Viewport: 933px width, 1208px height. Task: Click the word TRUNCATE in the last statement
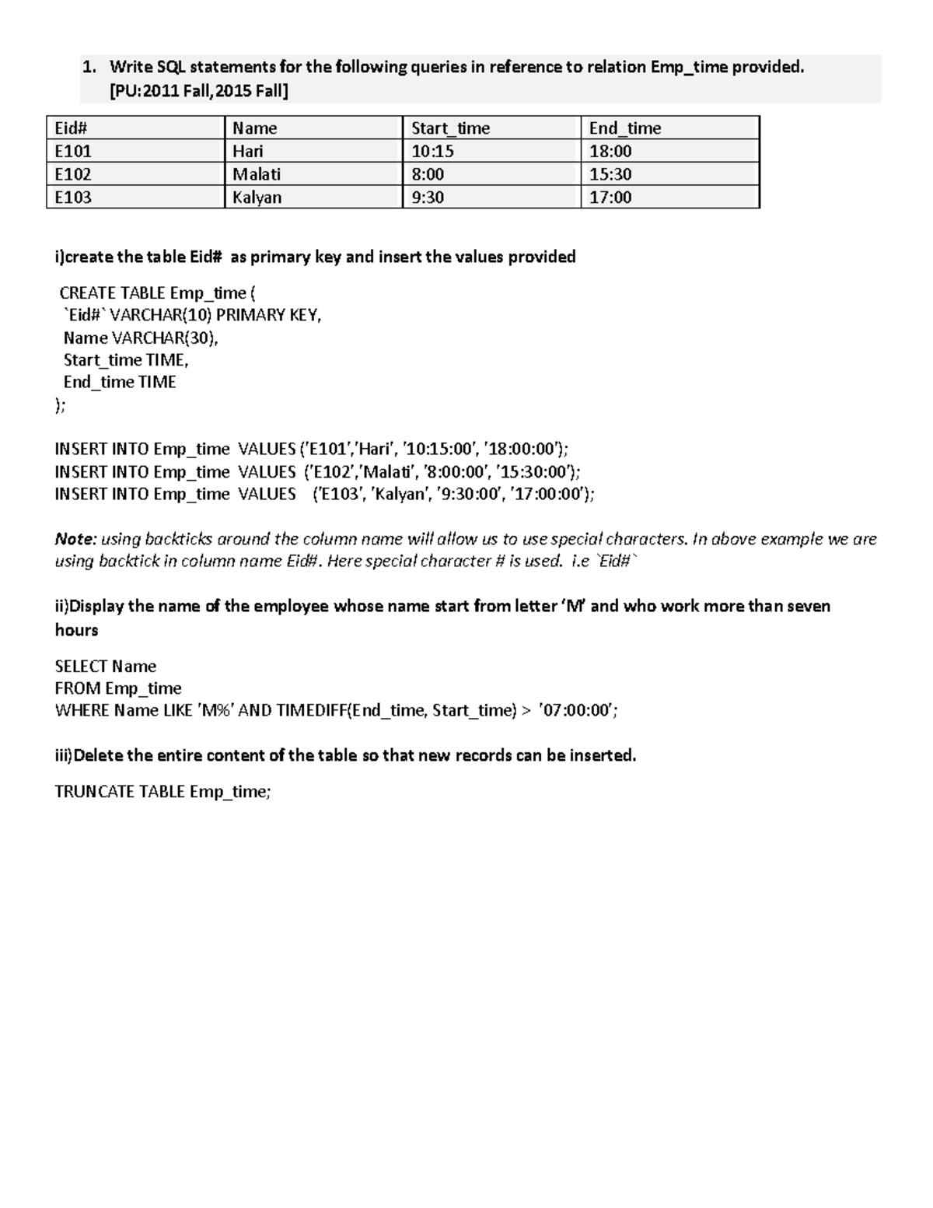[95, 792]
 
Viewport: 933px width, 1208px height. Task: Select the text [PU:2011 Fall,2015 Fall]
[199, 92]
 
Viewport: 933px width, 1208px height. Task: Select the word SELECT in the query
[81, 667]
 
